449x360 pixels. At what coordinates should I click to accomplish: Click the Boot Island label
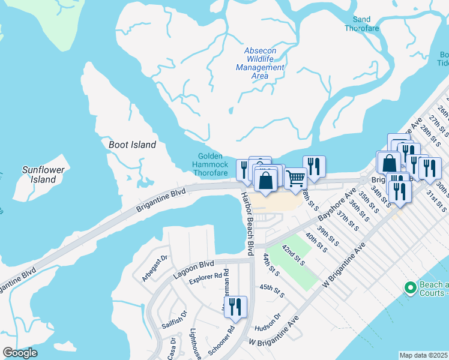click(x=132, y=145)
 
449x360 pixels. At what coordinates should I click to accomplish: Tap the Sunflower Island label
click(x=43, y=175)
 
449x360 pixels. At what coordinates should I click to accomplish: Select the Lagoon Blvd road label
click(x=194, y=267)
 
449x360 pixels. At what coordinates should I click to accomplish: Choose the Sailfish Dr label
click(x=174, y=319)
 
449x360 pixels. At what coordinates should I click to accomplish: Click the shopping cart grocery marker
click(x=295, y=178)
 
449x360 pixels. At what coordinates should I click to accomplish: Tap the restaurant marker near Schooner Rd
click(x=235, y=307)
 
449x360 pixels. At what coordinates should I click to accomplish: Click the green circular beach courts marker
click(x=411, y=289)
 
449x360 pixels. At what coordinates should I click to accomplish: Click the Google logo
click(x=20, y=353)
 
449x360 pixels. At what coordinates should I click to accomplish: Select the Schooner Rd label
click(x=230, y=339)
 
